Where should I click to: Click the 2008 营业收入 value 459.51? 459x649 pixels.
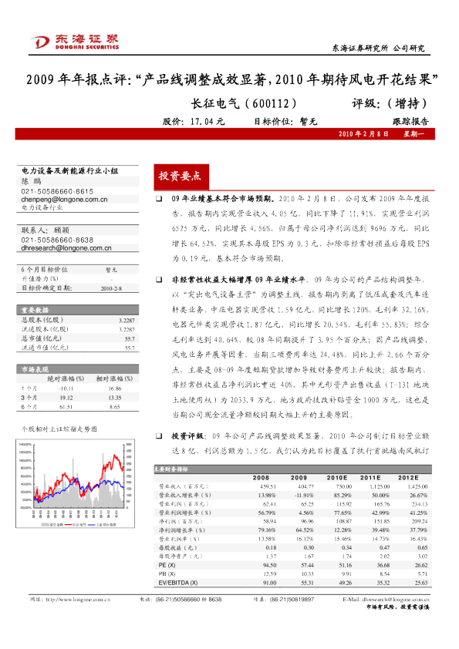(x=267, y=486)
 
